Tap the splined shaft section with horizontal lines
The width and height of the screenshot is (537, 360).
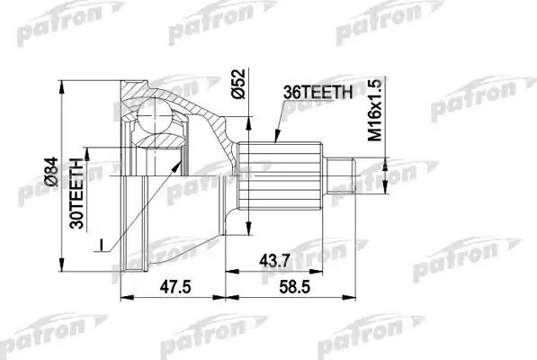(282, 171)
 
